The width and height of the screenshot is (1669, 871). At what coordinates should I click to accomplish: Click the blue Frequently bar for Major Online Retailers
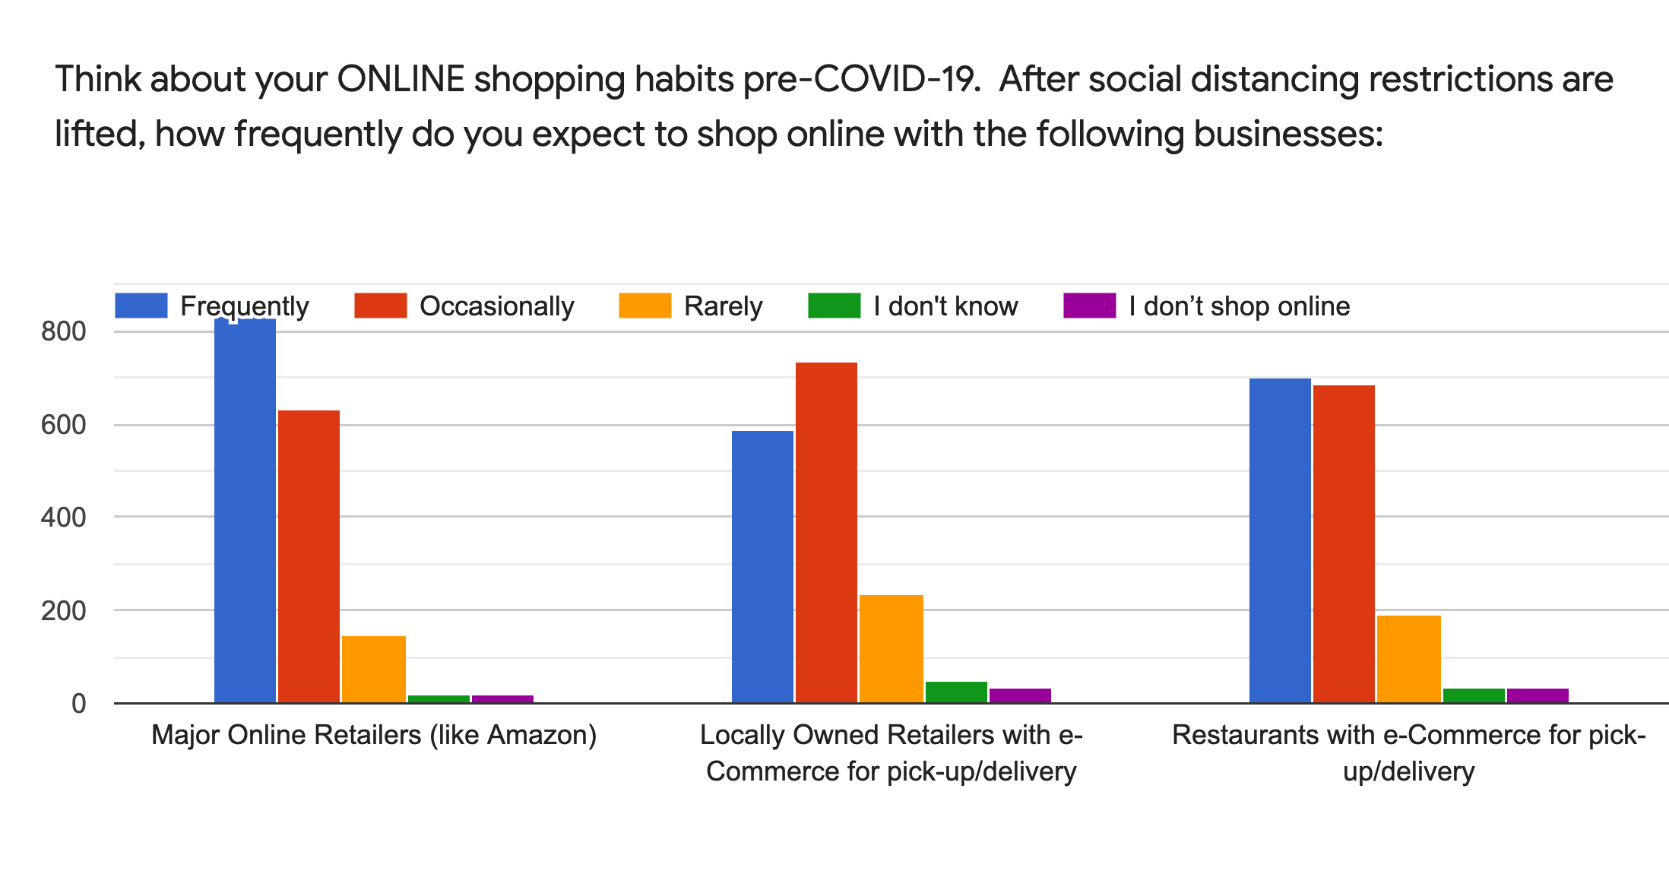(245, 510)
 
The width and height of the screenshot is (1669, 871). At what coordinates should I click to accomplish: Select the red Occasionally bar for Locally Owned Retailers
(826, 533)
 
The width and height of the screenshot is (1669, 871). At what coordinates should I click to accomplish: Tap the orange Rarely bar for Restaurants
(1408, 659)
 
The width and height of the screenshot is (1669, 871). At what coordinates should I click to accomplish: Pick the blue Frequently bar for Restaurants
(1280, 540)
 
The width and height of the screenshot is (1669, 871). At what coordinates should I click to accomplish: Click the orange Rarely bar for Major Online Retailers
(373, 670)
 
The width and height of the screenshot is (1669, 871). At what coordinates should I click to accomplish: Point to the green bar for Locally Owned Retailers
(956, 692)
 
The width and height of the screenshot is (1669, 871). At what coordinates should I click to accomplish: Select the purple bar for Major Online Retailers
(502, 699)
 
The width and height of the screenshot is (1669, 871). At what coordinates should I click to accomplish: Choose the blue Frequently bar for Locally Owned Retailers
(762, 567)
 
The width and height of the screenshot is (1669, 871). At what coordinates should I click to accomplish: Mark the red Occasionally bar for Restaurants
(1344, 544)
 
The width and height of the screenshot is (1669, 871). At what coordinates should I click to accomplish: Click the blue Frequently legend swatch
(141, 306)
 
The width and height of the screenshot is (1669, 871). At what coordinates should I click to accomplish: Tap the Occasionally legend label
(497, 306)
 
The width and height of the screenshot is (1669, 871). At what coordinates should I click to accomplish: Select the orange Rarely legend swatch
(645, 306)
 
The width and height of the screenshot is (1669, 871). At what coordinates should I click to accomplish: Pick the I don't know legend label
(945, 306)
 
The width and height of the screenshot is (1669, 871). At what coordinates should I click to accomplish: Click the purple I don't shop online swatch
(1090, 306)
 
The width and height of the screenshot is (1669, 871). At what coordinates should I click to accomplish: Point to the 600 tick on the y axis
(64, 425)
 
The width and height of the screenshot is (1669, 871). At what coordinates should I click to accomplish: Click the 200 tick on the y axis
(64, 611)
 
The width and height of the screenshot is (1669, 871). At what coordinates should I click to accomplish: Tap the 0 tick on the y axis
(79, 704)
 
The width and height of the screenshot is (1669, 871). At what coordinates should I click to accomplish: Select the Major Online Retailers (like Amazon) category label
(374, 736)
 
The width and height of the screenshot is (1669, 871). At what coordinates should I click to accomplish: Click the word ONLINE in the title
(401, 79)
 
